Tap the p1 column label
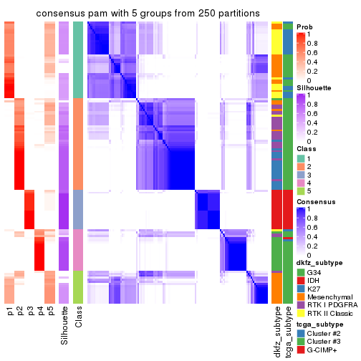[9, 312]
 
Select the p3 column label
[30, 312]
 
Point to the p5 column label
[50, 312]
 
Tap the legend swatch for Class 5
[302, 191]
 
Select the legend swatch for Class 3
[302, 171]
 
